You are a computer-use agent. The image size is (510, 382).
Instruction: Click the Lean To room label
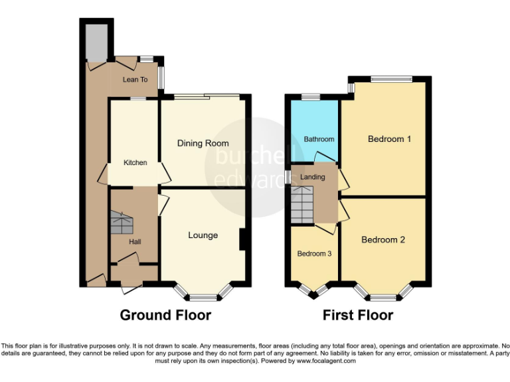coord(135,80)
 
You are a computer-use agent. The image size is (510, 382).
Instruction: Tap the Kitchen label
coord(135,162)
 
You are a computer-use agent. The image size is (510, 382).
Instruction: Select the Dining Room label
coord(203,143)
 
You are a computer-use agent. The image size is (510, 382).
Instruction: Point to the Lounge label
coord(203,235)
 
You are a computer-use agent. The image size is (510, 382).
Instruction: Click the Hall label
coord(135,241)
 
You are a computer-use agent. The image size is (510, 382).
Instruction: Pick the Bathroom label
coord(319,139)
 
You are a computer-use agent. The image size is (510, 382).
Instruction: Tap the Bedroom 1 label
coord(390,139)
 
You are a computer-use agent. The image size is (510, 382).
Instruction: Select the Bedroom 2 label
coord(383,240)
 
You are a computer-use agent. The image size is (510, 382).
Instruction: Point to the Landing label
coord(313,177)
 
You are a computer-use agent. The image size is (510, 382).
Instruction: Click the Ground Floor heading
coord(165,315)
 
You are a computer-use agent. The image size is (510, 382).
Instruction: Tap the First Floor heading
coord(358,315)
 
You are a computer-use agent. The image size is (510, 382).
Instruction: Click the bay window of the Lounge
coord(203,292)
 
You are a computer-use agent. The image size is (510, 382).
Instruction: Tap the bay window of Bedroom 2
coord(383,292)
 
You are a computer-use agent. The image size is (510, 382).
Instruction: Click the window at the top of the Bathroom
coord(310,97)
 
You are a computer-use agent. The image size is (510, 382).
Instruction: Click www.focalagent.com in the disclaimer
coord(326,361)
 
